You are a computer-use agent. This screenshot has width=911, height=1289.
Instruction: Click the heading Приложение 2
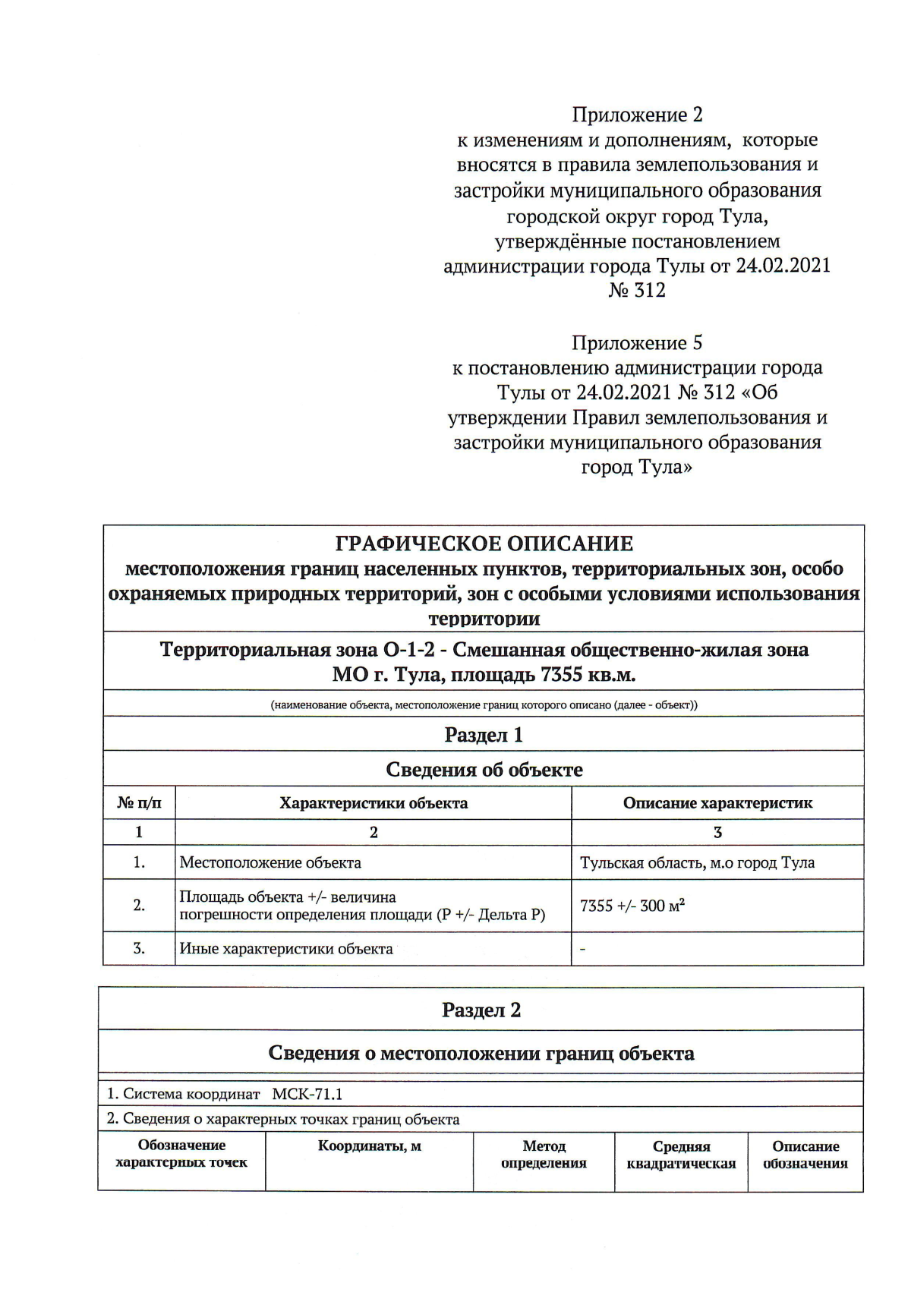pos(637,115)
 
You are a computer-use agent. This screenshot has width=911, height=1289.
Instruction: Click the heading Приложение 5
pos(637,343)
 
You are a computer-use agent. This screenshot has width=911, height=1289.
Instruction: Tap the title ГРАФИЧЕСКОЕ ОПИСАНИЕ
pos(484,544)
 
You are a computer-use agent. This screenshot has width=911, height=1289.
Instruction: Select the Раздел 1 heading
pos(484,734)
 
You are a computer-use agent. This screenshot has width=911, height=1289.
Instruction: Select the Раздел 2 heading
pos(481,1010)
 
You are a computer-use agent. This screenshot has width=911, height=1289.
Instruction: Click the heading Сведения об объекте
pos(484,769)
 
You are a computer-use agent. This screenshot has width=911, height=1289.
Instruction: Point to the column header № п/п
pos(139,802)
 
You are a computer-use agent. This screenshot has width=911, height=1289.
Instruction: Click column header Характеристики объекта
pos(374,802)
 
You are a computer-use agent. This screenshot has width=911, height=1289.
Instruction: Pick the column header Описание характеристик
pos(717,802)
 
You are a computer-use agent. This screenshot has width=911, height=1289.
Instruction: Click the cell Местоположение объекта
pos(270,862)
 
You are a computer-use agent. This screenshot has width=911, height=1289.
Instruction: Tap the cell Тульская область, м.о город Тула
pos(697,862)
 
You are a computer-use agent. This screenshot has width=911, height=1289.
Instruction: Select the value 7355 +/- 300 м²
pos(632,906)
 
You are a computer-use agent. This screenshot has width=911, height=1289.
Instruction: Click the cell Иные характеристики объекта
pos(286,948)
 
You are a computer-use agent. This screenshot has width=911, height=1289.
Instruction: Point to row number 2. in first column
pos(139,905)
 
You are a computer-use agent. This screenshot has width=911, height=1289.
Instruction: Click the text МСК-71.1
pos(307,1094)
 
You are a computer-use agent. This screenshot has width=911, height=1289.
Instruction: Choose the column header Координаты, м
pos(369,1146)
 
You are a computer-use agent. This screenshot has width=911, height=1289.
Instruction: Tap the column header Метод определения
pos(544,1154)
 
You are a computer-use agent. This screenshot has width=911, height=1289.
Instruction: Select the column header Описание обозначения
pos(805,1155)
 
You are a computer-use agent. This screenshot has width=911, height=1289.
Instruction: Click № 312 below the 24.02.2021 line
pos(637,291)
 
